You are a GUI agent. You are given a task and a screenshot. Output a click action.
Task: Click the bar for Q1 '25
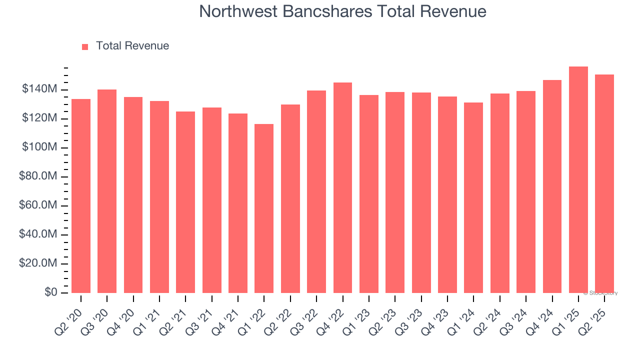point(578,180)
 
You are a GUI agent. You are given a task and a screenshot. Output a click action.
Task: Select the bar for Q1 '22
point(264,208)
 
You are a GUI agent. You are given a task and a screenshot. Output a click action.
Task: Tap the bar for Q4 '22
point(342,188)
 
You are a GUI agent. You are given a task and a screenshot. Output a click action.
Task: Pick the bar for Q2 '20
point(81,196)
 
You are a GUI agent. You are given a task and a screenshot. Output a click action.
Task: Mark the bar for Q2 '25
point(604,184)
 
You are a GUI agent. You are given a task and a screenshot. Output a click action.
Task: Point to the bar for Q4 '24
point(552,186)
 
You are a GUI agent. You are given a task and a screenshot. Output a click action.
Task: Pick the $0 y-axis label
point(50,292)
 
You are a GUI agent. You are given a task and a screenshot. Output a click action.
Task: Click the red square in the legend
point(85,46)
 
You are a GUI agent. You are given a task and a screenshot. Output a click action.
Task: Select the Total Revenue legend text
point(132,46)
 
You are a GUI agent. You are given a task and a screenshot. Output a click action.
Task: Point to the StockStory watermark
point(600,293)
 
